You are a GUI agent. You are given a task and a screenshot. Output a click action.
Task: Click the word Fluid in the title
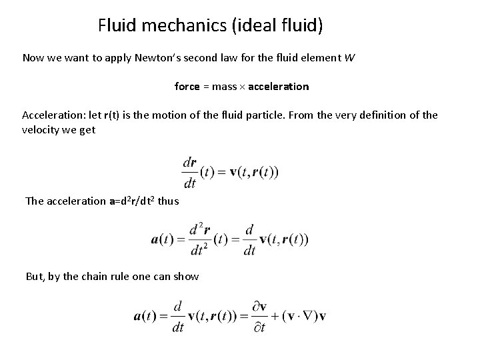114,26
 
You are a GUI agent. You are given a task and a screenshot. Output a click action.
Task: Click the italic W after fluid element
349,58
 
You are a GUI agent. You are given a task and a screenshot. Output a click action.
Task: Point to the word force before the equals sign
187,87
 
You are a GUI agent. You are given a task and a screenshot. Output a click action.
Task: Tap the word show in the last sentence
185,276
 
